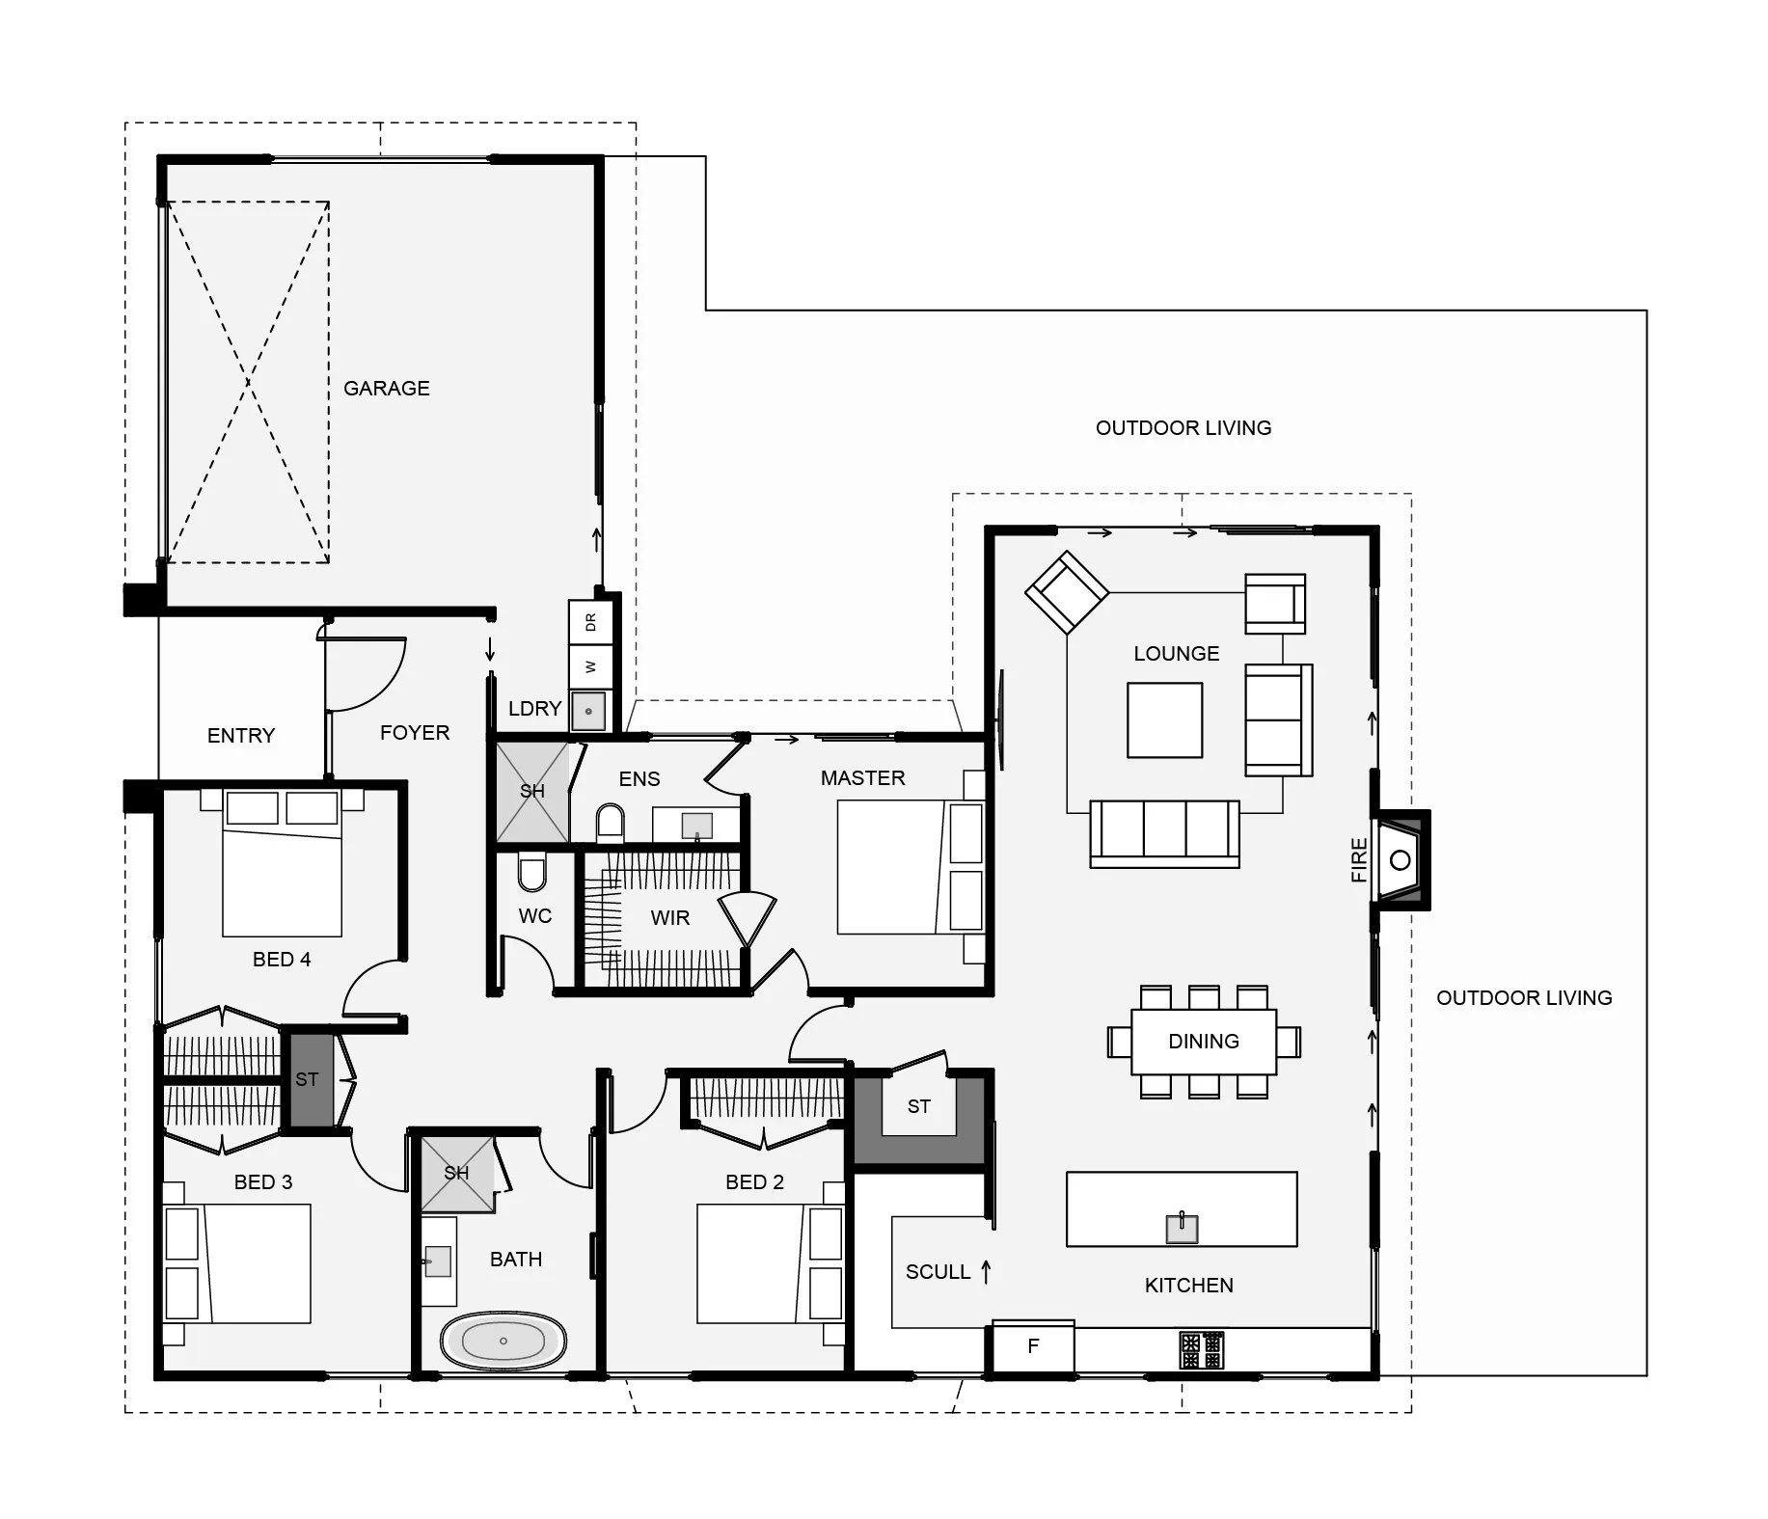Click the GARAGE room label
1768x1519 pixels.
click(x=387, y=389)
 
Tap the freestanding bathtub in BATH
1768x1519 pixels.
click(x=503, y=1341)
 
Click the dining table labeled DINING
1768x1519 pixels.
click(x=1204, y=1042)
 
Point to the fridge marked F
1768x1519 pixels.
click(x=1033, y=1346)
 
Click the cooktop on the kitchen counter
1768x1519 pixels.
click(x=1202, y=1350)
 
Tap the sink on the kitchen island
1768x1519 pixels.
click(x=1182, y=1229)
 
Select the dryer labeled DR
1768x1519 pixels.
click(x=590, y=623)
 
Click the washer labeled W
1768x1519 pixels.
click(x=590, y=666)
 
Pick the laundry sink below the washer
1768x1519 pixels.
click(x=588, y=711)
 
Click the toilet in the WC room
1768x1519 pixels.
click(x=531, y=872)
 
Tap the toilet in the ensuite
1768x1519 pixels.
click(x=611, y=824)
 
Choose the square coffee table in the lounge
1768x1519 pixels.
click(x=1165, y=720)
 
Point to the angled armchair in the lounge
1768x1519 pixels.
click(x=1066, y=592)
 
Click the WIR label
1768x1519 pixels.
click(x=670, y=918)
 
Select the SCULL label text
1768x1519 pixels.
click(x=938, y=1272)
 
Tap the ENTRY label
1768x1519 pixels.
click(x=241, y=736)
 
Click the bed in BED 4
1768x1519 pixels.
click(x=282, y=862)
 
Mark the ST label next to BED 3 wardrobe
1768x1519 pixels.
click(x=307, y=1080)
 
